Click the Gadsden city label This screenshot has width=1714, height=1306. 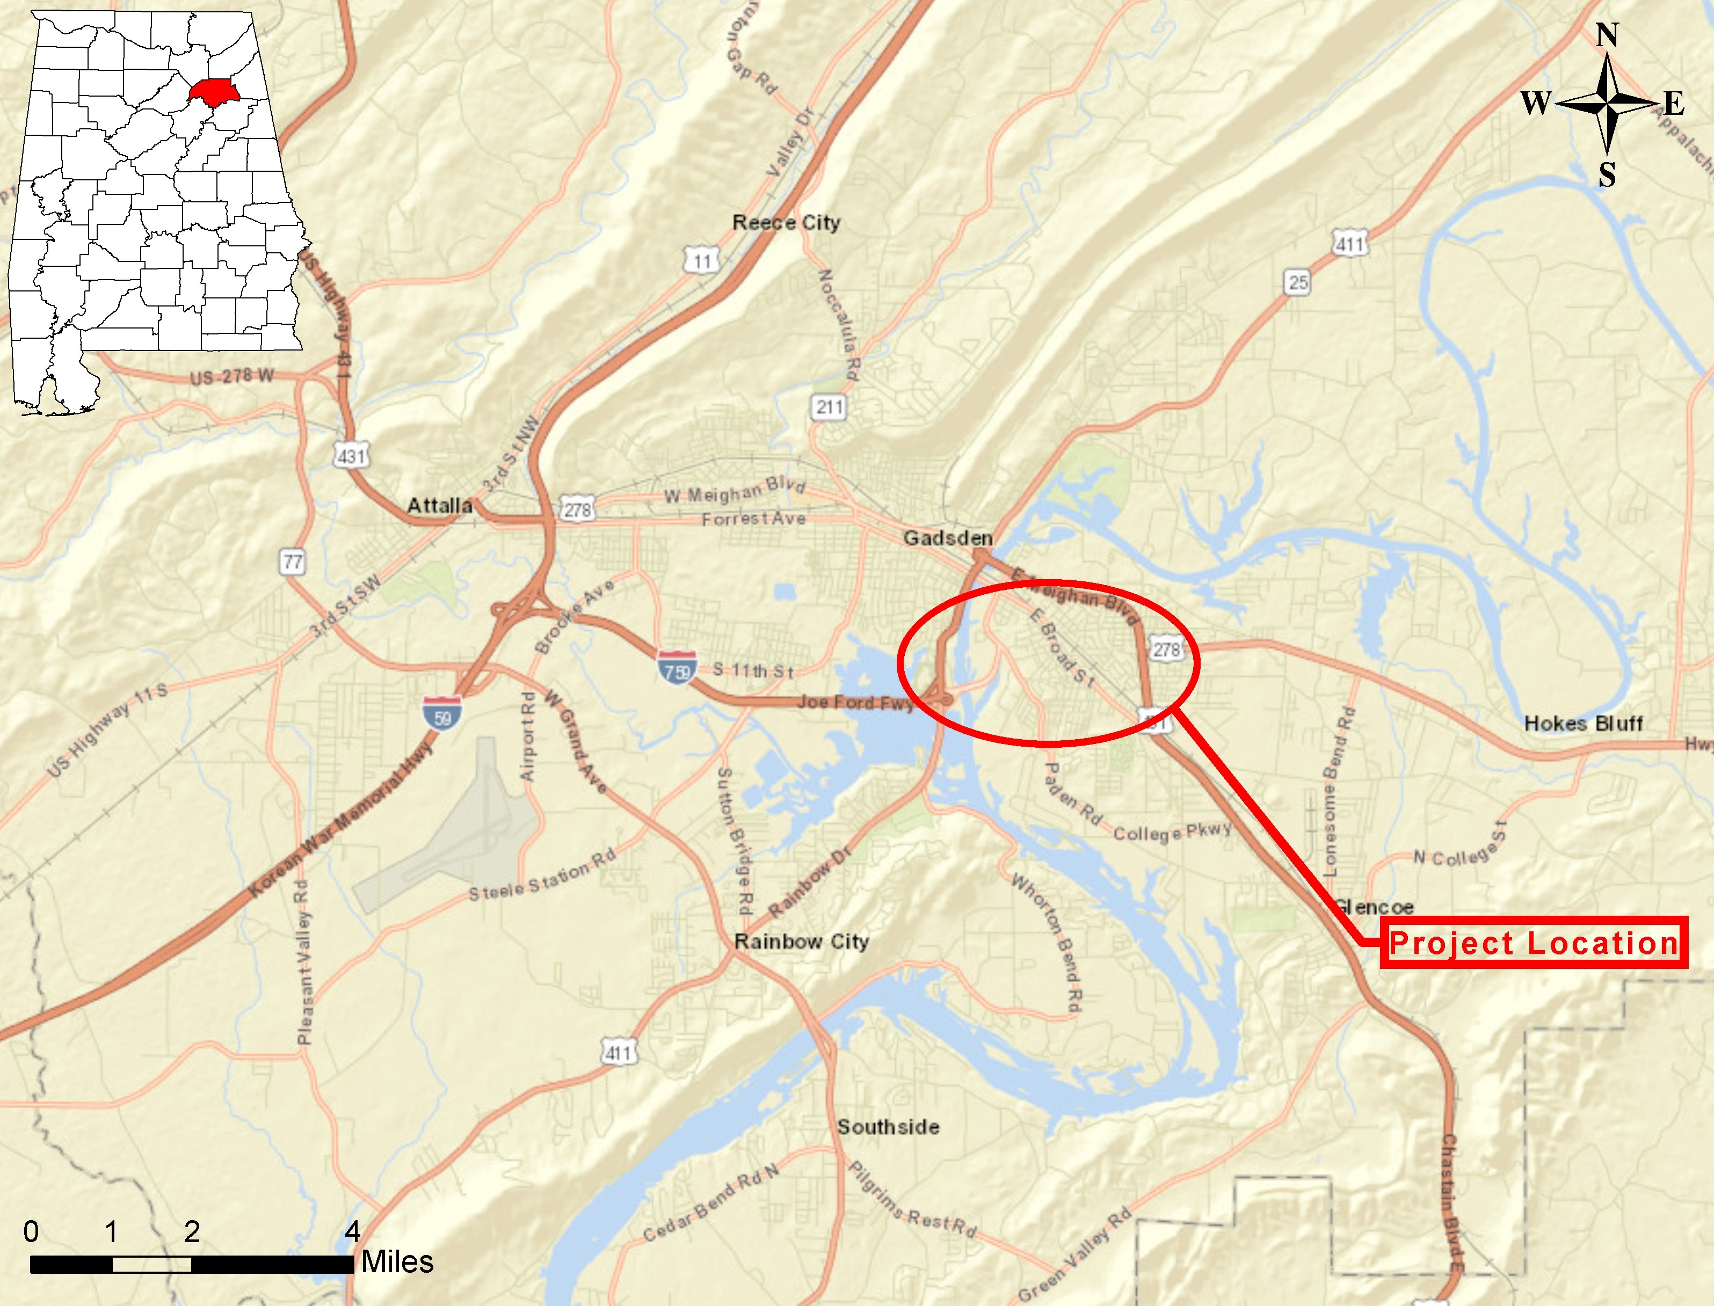coord(947,538)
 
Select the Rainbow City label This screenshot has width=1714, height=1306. coord(801,942)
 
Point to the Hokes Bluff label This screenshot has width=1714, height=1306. coord(1584,724)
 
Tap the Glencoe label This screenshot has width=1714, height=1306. coord(1374,907)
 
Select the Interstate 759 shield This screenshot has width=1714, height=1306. coord(676,668)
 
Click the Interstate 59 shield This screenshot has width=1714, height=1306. coord(442,713)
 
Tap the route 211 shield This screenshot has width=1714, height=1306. coord(829,406)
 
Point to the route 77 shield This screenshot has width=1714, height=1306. coord(293,561)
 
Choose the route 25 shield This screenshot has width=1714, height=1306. coord(1297,282)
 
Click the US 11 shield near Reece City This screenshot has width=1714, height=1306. coord(702,260)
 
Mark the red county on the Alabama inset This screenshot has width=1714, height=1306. coord(216,92)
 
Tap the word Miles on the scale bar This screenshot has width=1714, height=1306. coord(397,1261)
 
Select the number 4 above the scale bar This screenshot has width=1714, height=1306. coord(352,1231)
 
